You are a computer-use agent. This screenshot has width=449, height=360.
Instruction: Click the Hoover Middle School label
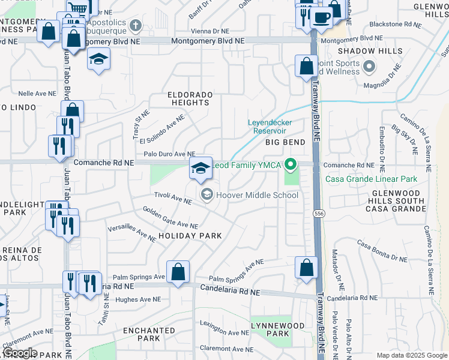pyautogui.click(x=257, y=195)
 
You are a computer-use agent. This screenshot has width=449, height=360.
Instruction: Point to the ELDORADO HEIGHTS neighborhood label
pyautogui.click(x=190, y=99)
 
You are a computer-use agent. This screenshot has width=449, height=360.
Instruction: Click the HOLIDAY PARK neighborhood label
pyautogui.click(x=190, y=236)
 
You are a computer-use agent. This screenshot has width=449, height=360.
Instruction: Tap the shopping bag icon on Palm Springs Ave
pyautogui.click(x=178, y=272)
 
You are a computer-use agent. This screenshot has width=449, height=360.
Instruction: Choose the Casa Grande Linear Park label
pyautogui.click(x=370, y=179)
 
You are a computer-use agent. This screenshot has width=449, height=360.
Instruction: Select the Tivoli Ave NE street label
pyautogui.click(x=172, y=198)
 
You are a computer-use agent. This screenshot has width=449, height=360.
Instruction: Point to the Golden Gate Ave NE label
pyautogui.click(x=170, y=218)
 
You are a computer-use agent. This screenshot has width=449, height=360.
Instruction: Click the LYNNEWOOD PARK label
pyautogui.click(x=270, y=329)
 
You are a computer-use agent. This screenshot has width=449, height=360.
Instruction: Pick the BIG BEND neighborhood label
pyautogui.click(x=286, y=142)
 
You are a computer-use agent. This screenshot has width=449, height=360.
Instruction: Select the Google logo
pyautogui.click(x=19, y=353)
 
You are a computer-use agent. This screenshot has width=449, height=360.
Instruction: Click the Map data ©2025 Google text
pyautogui.click(x=411, y=355)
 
